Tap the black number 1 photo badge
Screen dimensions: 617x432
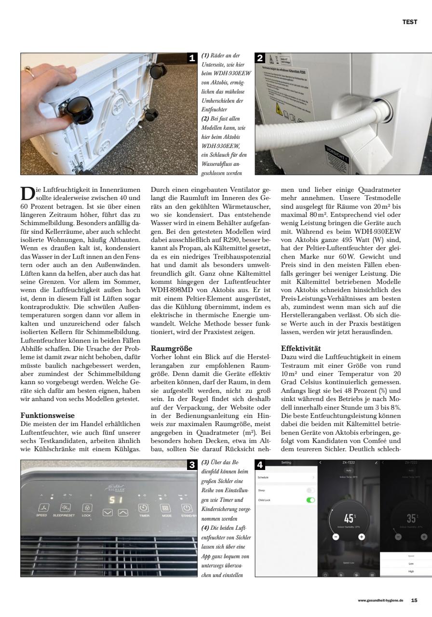(191, 58)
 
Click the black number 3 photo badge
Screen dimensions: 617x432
(191, 465)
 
